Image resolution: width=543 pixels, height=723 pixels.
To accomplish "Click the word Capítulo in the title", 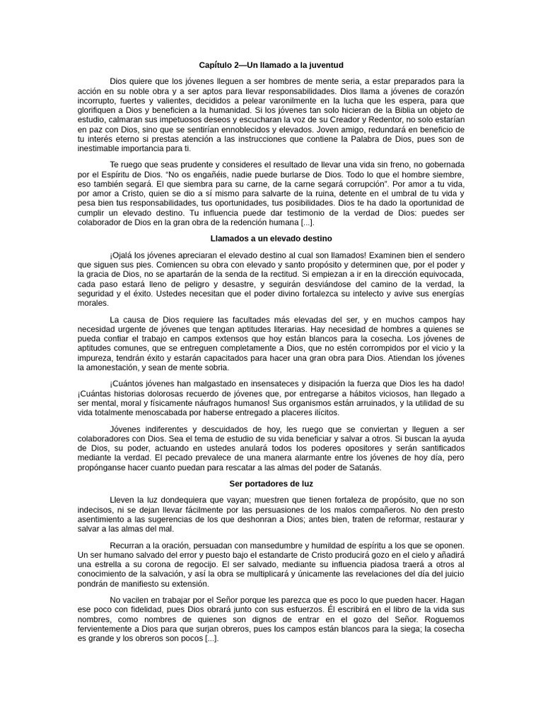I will pyautogui.click(x=215, y=65).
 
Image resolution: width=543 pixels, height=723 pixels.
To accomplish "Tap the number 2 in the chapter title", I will pyautogui.click(x=236, y=65).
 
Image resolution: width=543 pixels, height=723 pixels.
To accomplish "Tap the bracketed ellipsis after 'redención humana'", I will pyautogui.click(x=308, y=222).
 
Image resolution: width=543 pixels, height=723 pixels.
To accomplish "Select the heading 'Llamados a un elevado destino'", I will pyautogui.click(x=271, y=239).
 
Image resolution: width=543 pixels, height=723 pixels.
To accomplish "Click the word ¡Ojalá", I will pyautogui.click(x=122, y=255).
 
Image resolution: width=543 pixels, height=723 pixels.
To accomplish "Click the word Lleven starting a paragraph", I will pyautogui.click(x=122, y=500).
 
